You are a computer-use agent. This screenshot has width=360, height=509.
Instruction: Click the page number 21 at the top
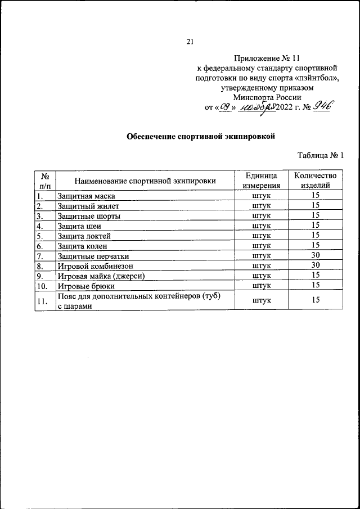coord(190,41)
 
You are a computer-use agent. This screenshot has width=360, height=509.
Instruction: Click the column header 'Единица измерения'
coord(262,181)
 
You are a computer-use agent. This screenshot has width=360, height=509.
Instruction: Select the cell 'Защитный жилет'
coord(84,206)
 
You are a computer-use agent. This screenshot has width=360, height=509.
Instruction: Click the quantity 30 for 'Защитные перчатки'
coord(316,255)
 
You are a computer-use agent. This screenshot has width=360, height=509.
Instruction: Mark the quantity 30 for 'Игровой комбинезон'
coord(316,265)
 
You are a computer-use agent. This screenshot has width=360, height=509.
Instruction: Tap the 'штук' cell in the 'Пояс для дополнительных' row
coord(262,301)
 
